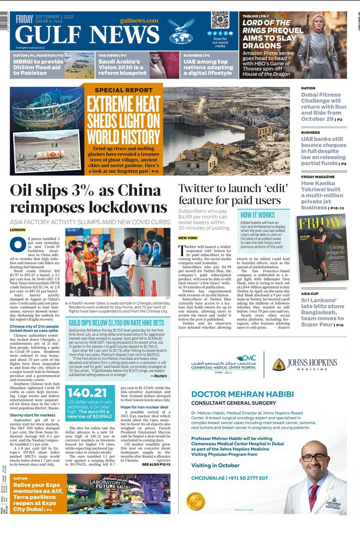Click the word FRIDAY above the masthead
coord(24,19)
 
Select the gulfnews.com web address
coord(139,21)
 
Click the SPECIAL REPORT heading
coord(123,90)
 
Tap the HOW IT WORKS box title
coord(258,215)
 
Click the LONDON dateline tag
coord(17,230)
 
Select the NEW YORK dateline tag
coord(188,238)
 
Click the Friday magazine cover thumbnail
coord(321,247)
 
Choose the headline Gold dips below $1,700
coord(117,323)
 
